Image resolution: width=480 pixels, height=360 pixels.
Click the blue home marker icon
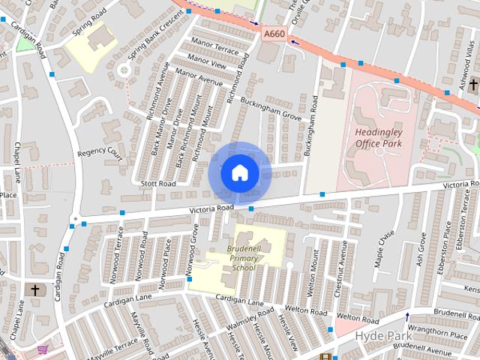(239, 172)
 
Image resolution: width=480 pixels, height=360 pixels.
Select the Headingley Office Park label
(378, 137)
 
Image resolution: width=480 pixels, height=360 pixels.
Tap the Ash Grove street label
(421, 250)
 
